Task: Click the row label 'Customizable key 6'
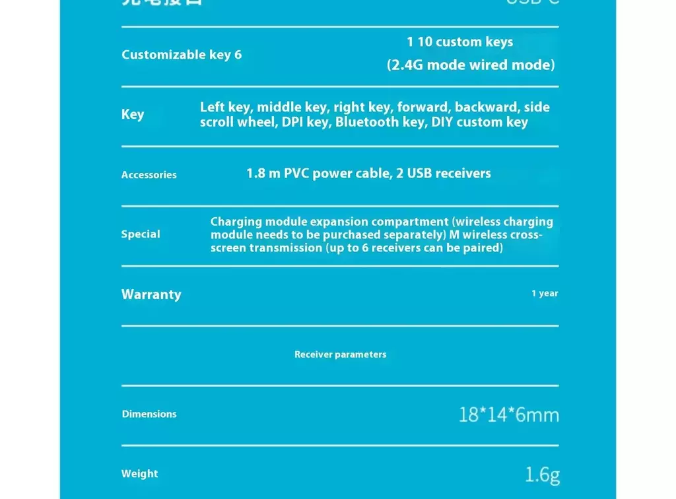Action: pos(182,55)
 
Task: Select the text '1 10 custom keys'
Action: pos(459,42)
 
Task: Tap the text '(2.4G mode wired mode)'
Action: pos(470,65)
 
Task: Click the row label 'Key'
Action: pos(133,114)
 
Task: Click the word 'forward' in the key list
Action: pos(424,107)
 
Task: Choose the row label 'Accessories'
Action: pos(149,175)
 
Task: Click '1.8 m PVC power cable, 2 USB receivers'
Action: pos(368,174)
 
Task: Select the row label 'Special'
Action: pos(141,234)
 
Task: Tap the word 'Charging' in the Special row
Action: pos(236,222)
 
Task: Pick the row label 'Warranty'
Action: pos(151,294)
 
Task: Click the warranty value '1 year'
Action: pos(545,294)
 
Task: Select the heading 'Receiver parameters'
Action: pos(340,354)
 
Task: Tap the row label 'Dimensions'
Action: pos(149,415)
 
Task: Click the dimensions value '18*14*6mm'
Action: pos(508,415)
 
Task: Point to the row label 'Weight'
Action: pos(139,474)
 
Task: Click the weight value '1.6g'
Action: pos(542,475)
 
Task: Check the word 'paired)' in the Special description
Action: pos(483,248)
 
